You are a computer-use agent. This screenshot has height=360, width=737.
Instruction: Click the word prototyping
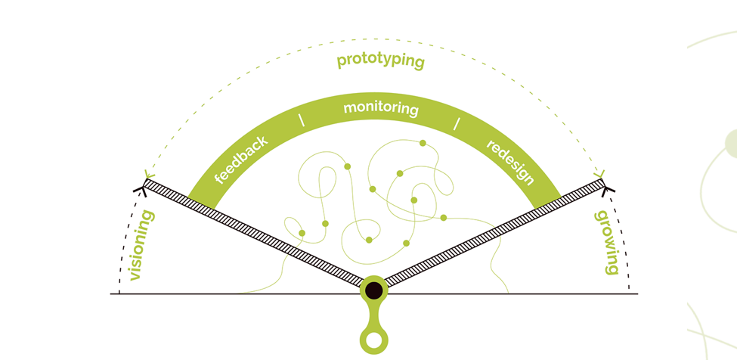point(380,61)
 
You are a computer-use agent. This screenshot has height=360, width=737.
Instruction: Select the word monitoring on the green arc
point(381,108)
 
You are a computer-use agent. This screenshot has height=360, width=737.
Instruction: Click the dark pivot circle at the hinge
point(373,289)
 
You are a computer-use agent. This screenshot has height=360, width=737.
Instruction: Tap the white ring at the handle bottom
point(372,341)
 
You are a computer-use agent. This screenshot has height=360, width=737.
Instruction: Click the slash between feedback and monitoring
point(302,119)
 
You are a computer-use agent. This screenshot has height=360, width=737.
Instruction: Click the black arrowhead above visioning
point(141,188)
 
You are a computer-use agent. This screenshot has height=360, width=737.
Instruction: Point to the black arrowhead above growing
point(607,188)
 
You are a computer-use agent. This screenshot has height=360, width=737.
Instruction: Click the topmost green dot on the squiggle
point(423,143)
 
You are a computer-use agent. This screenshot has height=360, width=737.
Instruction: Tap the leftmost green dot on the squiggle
point(302,233)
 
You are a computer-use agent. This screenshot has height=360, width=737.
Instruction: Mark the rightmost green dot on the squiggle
point(443,218)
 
